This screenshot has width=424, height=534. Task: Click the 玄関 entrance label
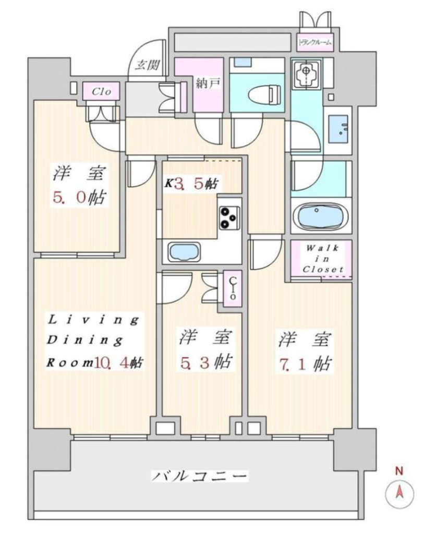(148, 64)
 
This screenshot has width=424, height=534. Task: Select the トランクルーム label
(315, 43)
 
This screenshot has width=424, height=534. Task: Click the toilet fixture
(264, 94)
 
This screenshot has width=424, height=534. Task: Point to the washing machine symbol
(306, 73)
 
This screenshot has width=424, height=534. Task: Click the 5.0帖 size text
(80, 197)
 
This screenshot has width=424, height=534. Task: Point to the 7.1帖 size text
(305, 364)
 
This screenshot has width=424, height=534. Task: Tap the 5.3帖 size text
(206, 362)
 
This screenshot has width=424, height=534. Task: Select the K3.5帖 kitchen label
(191, 184)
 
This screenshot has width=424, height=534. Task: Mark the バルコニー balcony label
(199, 476)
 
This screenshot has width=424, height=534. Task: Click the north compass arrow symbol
(399, 492)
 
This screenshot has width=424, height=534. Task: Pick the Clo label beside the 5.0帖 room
(102, 91)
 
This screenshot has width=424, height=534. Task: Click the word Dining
(85, 340)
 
